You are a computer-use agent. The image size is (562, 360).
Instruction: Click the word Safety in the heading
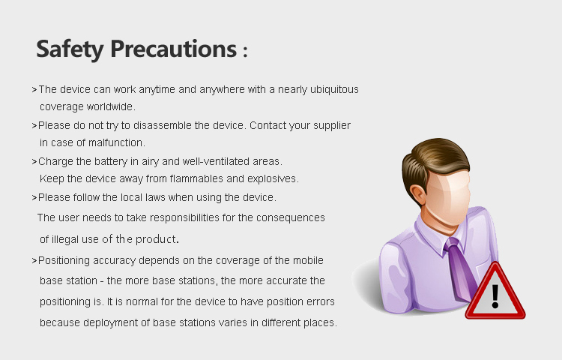[x=70, y=49]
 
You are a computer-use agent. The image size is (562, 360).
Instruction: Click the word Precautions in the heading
[x=174, y=49]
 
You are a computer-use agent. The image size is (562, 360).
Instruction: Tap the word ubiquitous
[x=334, y=90]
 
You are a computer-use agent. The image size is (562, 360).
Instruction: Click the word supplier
[x=332, y=126]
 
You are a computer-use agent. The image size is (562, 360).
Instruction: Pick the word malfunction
[x=116, y=142]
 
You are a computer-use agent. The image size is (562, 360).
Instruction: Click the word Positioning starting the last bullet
[x=64, y=261]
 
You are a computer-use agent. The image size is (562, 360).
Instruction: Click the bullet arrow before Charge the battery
[x=34, y=162]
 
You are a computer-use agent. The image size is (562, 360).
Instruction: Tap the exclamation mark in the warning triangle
[x=495, y=296]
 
